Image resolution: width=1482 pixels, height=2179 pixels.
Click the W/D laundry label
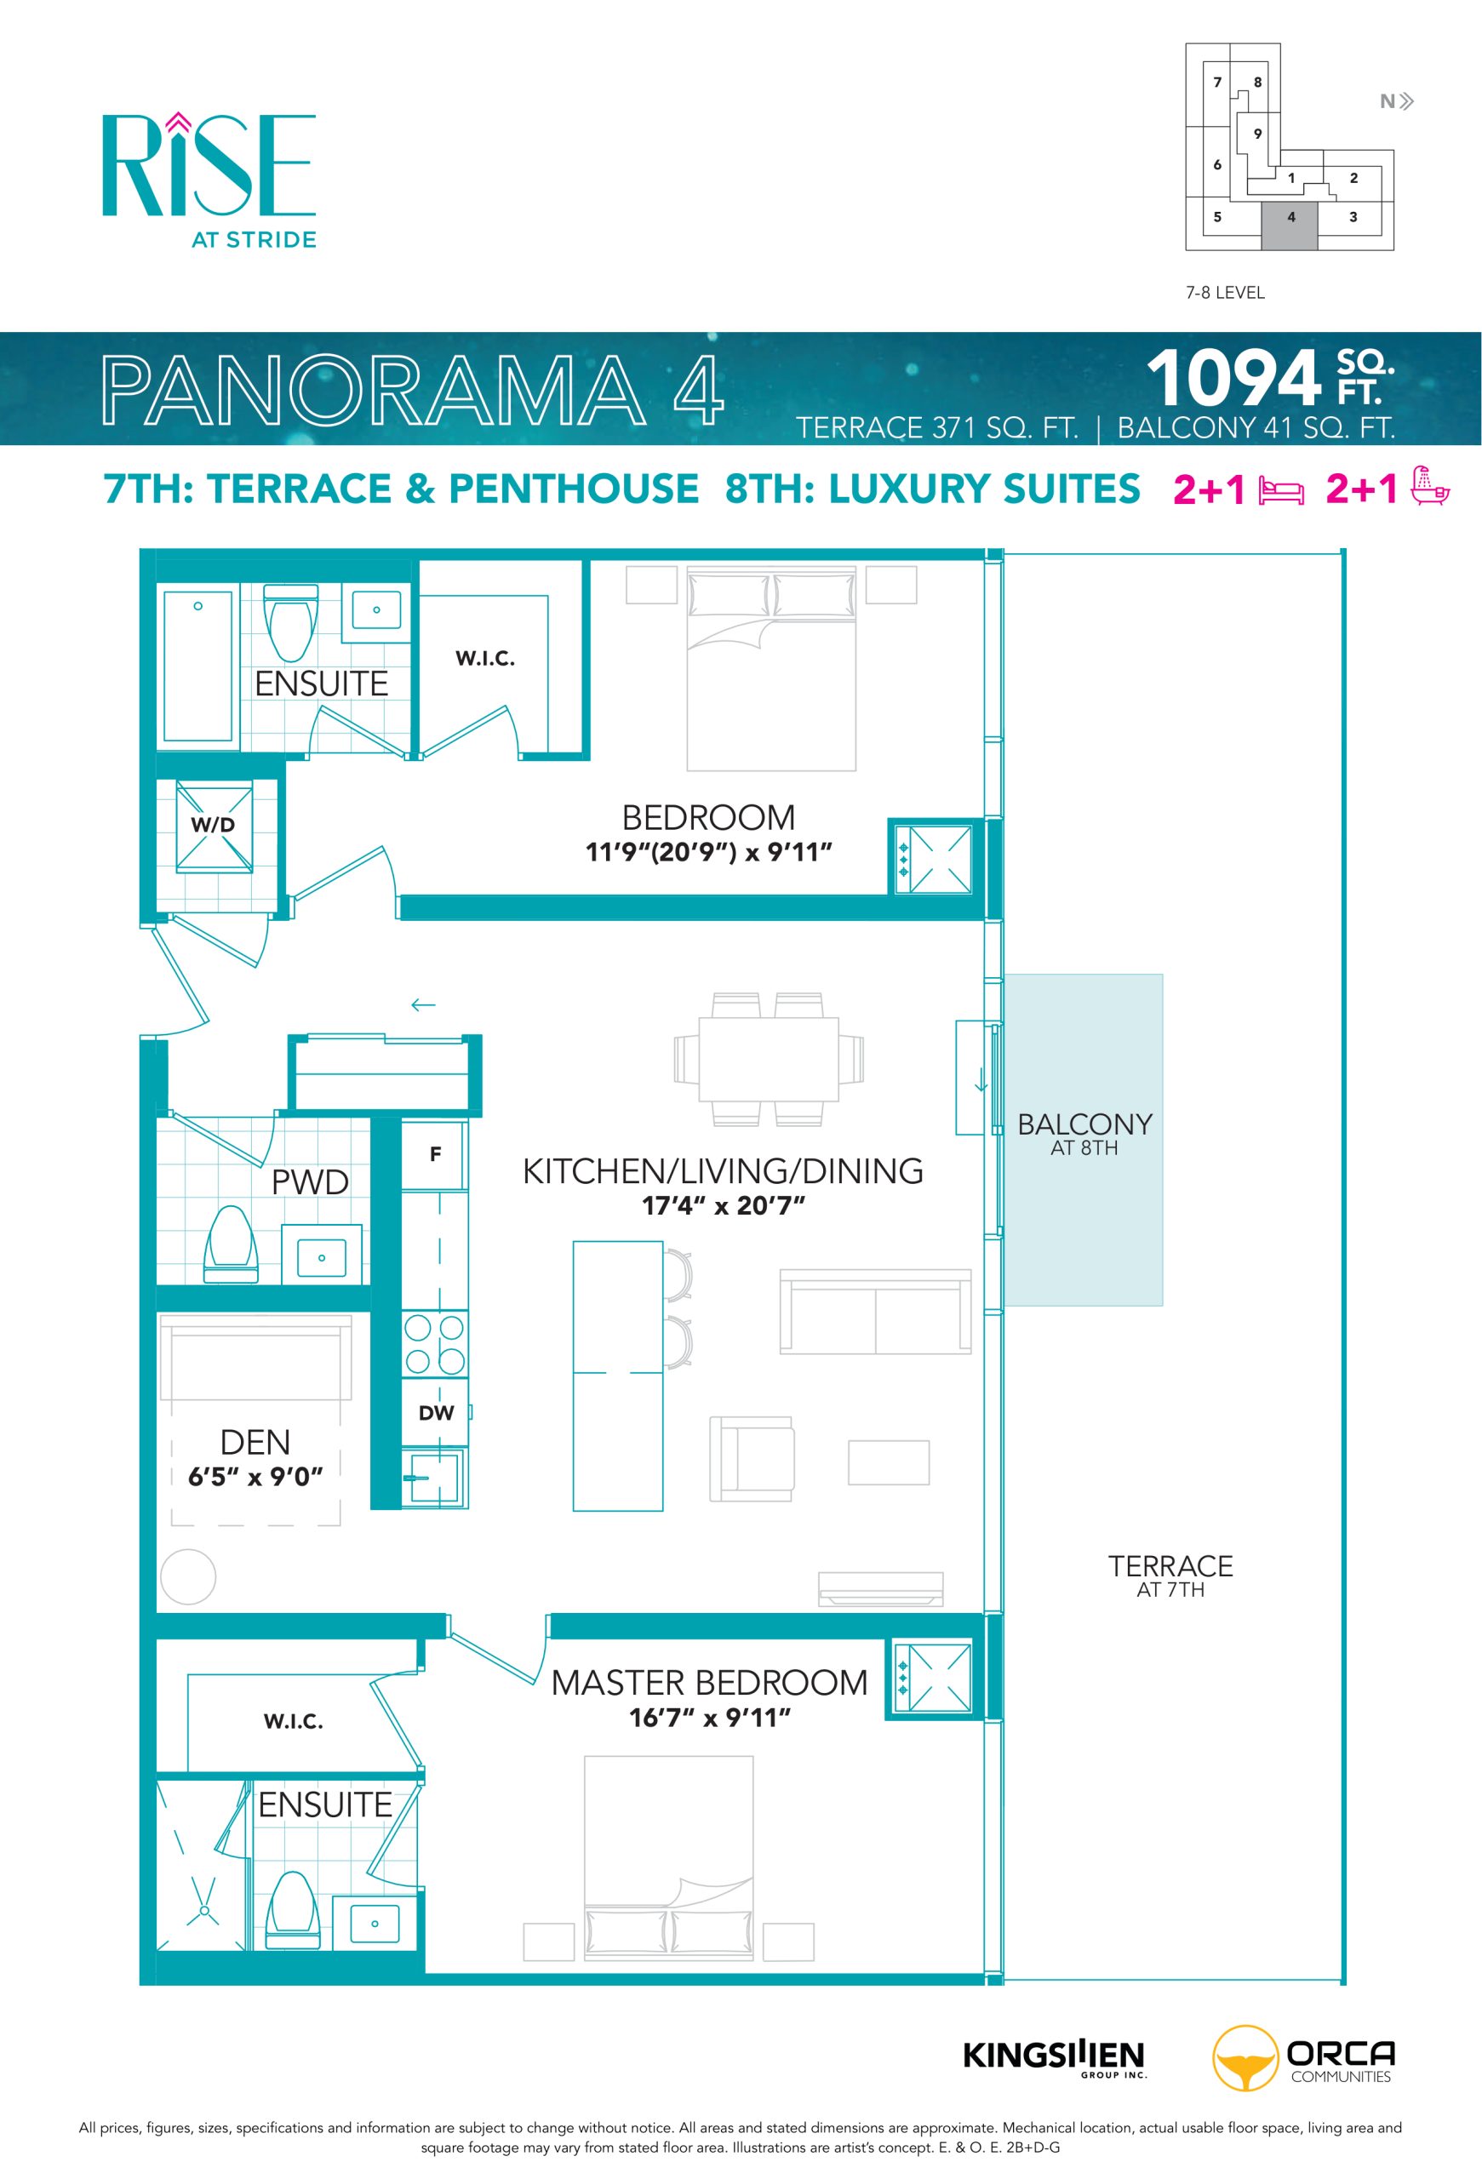click(213, 825)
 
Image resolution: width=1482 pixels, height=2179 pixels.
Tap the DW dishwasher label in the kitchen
click(436, 1413)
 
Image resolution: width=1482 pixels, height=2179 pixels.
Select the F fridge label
click(435, 1154)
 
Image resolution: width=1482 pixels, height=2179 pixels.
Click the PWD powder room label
click(309, 1182)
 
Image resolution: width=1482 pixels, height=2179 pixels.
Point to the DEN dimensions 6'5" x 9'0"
click(255, 1477)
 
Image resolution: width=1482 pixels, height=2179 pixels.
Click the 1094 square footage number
click(1233, 378)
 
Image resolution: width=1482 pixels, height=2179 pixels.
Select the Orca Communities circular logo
click(1245, 2059)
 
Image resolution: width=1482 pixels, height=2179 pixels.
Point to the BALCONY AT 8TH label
click(1084, 1134)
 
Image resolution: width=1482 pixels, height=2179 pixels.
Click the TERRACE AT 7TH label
click(1170, 1576)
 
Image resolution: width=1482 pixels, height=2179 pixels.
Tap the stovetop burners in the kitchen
click(435, 1344)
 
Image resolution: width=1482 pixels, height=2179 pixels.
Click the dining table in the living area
click(769, 1060)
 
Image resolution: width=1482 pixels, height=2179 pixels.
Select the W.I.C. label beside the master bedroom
click(294, 1721)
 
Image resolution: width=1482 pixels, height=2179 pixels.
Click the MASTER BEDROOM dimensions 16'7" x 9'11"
click(710, 1718)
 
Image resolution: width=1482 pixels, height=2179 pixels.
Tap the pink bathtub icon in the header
click(1430, 486)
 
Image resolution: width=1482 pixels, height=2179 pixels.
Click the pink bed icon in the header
click(1280, 491)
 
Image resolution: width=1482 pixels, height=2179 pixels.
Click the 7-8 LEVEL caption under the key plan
click(1224, 293)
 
